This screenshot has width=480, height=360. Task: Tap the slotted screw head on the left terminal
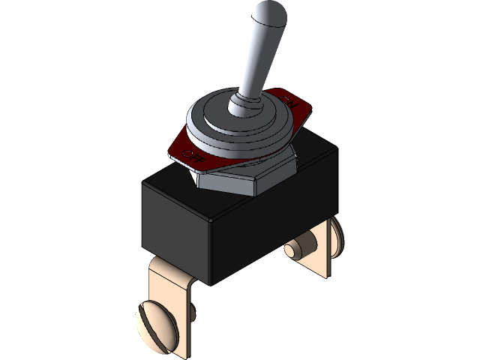click(153, 322)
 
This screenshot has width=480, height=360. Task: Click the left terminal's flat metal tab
click(180, 315)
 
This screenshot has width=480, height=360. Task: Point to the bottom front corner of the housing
click(213, 283)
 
